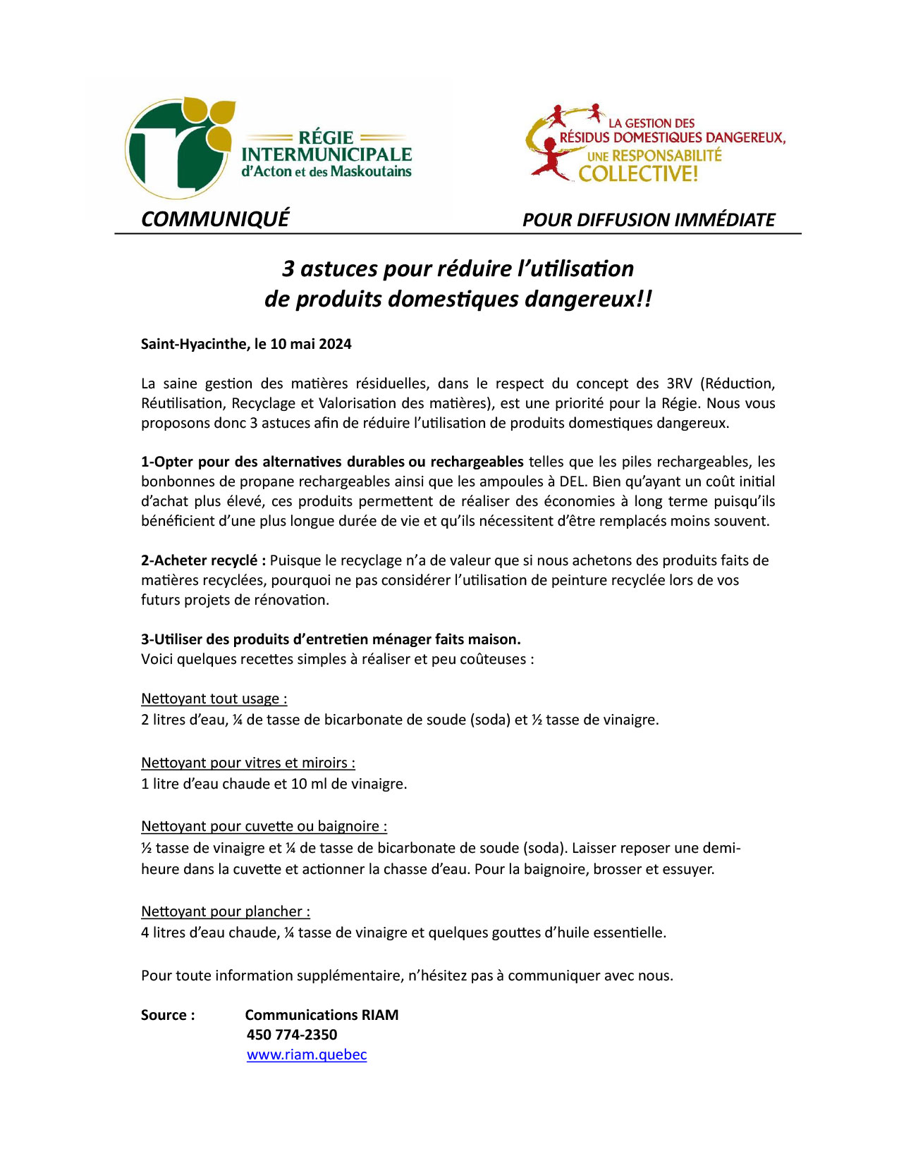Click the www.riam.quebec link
307,1054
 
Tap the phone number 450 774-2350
292,1035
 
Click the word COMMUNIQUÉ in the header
215,219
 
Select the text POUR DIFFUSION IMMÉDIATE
649,220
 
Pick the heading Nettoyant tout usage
214,699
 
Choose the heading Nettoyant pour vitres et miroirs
247,763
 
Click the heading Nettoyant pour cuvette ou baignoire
264,826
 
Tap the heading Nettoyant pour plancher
225,911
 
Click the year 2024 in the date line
335,344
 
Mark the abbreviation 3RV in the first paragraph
680,383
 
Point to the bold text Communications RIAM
322,1015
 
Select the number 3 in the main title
288,269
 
